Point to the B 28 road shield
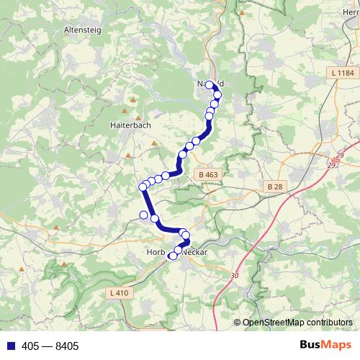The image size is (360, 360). (274, 186)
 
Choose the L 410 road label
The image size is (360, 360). (120, 292)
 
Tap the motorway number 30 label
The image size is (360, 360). (235, 276)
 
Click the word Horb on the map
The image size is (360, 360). (156, 253)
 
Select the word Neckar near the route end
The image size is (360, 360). (194, 253)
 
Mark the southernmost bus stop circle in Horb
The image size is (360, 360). (172, 256)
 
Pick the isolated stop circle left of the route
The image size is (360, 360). (143, 215)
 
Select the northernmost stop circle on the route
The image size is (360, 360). (211, 85)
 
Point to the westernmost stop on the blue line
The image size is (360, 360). (143, 188)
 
